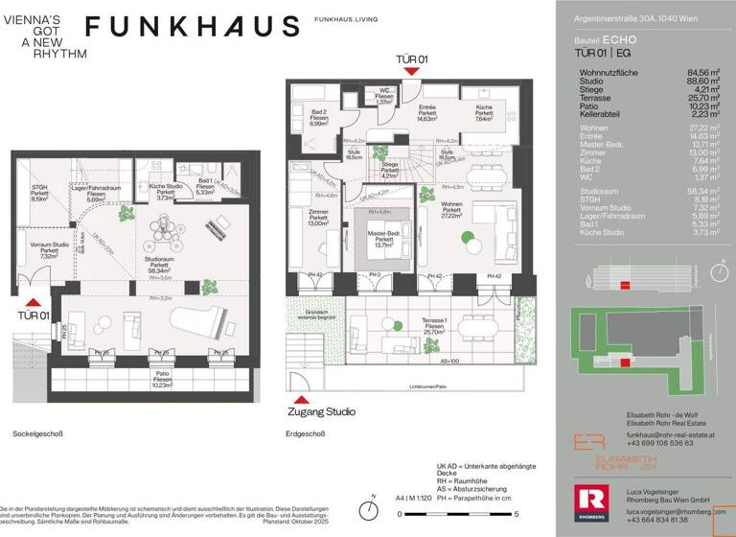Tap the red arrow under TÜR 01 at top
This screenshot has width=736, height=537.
click(411, 71)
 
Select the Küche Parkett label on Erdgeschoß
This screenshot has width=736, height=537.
click(484, 113)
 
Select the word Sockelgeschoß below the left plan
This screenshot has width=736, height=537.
click(37, 433)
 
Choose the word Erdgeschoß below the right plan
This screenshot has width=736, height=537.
click(306, 433)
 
